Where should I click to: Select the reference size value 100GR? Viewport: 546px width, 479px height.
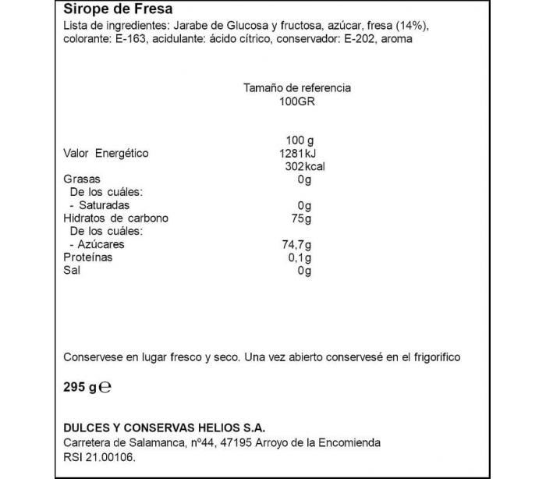pos(297,102)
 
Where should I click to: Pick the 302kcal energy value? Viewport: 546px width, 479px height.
pos(300,167)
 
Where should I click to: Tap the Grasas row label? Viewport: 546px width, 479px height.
pos(81,179)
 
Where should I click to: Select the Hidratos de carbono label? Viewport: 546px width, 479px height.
pos(115,218)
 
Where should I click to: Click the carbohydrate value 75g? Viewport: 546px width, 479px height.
pos(300,218)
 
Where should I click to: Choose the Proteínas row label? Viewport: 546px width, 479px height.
pos(87,257)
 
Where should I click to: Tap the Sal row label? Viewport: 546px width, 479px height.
pos(71,271)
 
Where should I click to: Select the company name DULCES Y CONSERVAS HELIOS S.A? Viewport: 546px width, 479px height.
pos(163,428)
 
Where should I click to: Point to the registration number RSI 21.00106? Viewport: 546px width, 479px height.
pos(100,456)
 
